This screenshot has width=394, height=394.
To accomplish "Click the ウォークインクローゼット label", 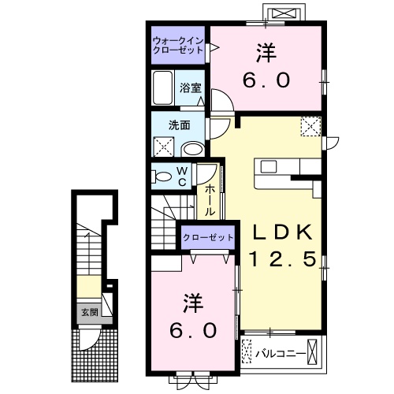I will (177, 44).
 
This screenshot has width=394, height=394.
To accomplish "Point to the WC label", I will (180, 175).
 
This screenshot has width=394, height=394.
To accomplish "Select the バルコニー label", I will (280, 354).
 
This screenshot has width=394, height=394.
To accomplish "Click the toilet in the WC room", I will (163, 176).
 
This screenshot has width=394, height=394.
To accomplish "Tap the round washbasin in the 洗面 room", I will (191, 147).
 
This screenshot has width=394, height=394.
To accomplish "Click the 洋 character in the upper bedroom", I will (264, 54).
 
